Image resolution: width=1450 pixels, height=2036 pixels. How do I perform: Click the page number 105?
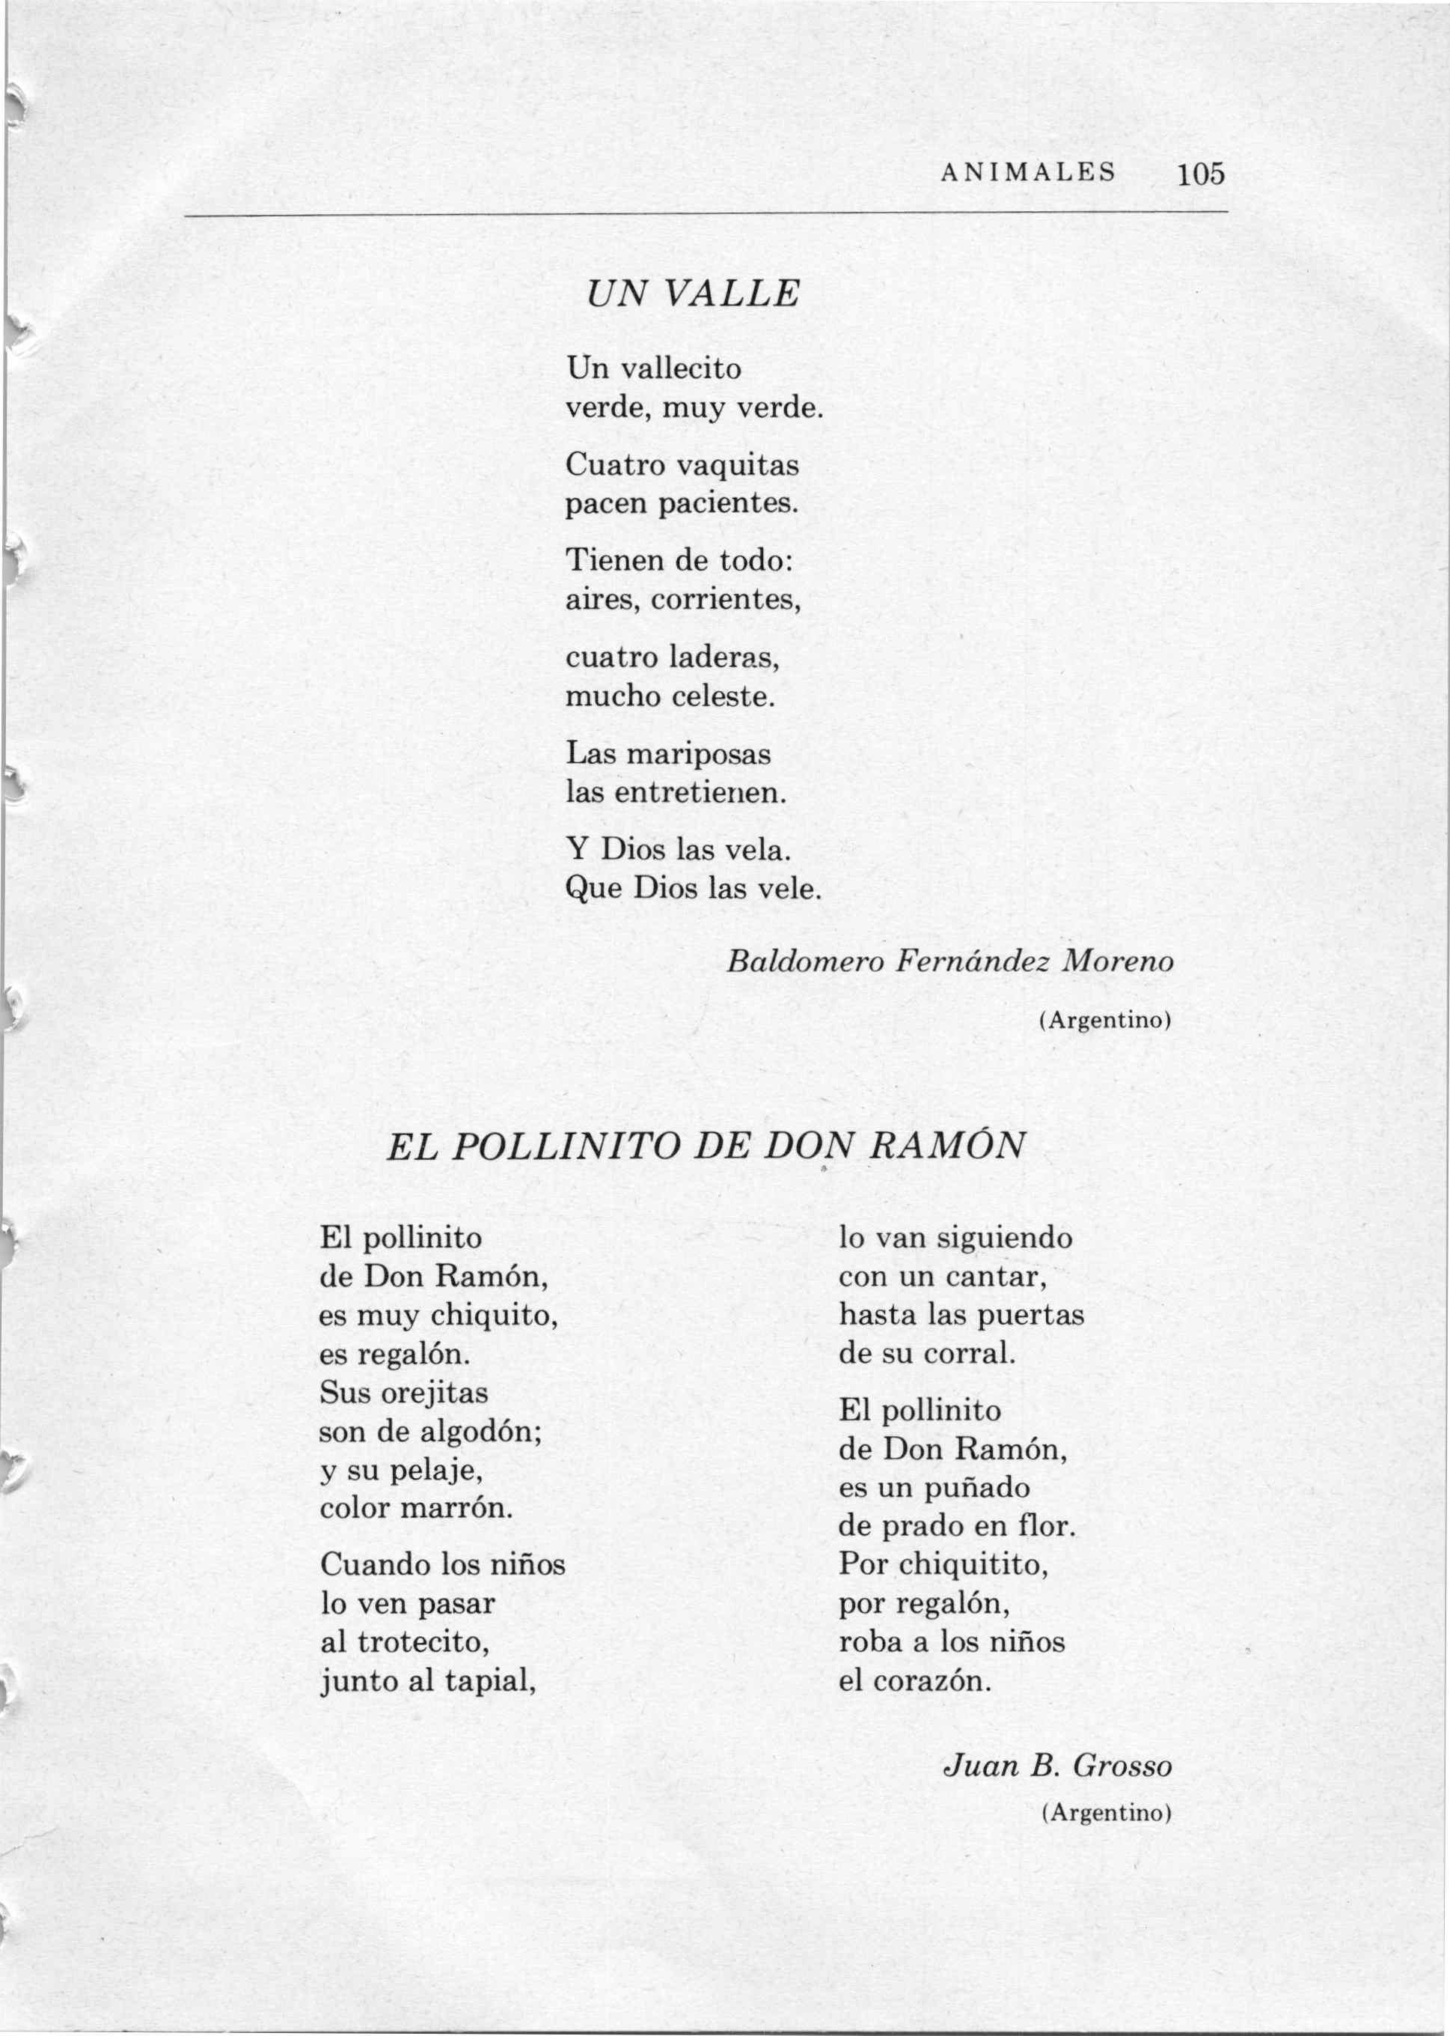point(1200,172)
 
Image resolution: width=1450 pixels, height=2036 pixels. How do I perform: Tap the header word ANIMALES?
point(1029,171)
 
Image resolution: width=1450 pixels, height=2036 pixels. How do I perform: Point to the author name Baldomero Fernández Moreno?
point(950,961)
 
